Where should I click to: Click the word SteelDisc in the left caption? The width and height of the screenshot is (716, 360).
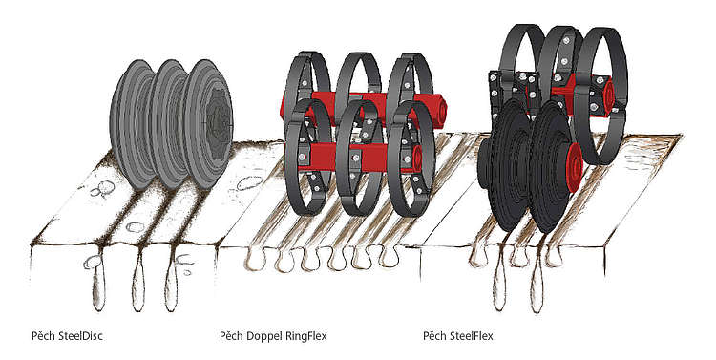pos(81,336)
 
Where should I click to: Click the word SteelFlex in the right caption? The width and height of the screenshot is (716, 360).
pos(472,336)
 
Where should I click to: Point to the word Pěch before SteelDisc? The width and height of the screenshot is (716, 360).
pos(44,336)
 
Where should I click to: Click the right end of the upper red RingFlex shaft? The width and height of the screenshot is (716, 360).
pos(439,111)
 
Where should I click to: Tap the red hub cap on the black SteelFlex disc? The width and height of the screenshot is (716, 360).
pos(575,167)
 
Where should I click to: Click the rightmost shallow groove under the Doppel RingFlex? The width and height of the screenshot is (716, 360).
pos(389,257)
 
